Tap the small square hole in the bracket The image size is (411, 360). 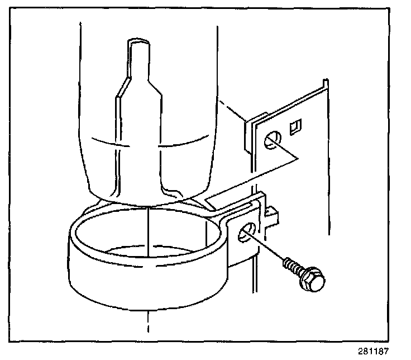pos(296,126)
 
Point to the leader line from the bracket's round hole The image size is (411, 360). pos(288,151)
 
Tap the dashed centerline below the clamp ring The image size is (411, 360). pos(148,321)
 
